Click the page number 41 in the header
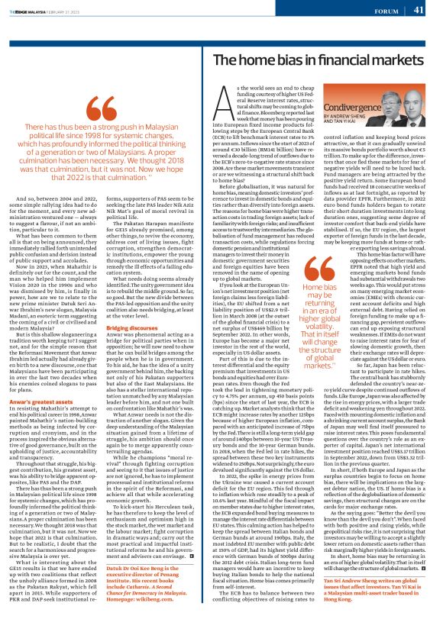[419, 11]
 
